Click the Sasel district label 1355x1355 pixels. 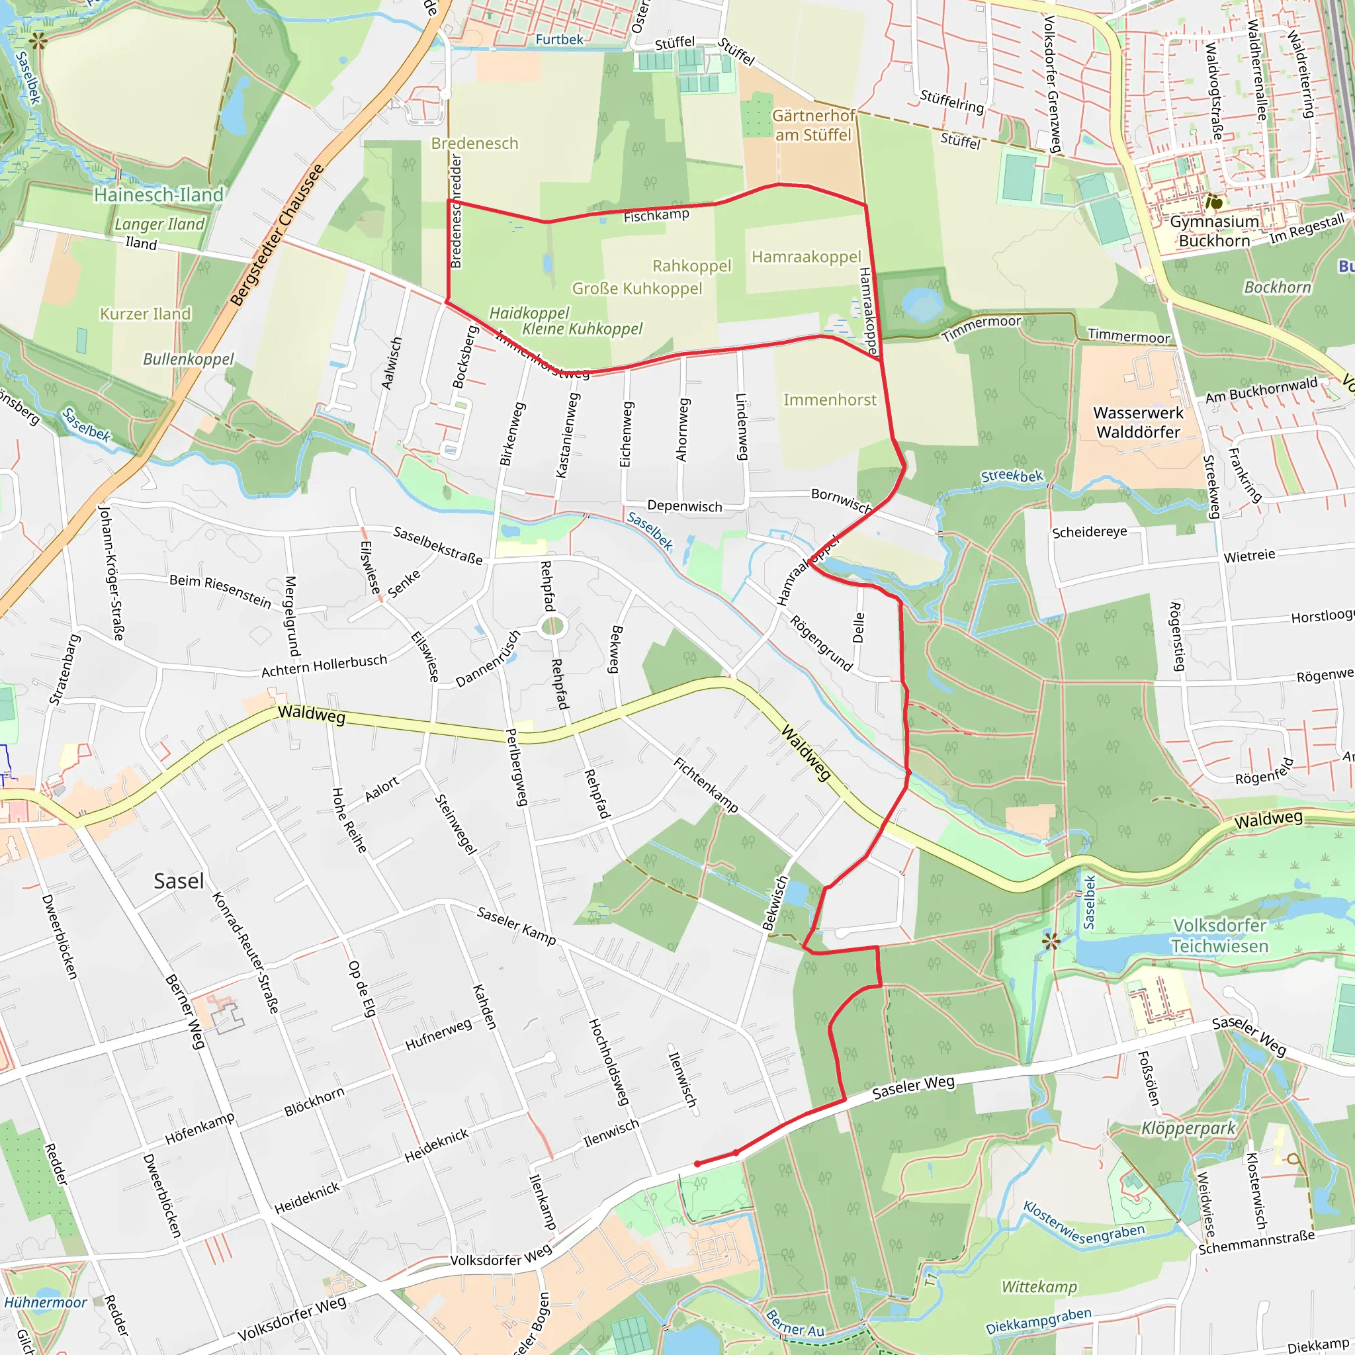click(x=179, y=881)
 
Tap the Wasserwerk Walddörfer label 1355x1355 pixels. click(x=1137, y=422)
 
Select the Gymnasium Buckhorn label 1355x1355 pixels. click(x=1214, y=232)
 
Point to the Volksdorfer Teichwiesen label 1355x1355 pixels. click(x=1219, y=936)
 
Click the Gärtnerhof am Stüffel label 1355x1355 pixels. click(x=813, y=125)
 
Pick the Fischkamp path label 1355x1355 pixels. click(x=656, y=215)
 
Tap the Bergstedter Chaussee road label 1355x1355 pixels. click(x=277, y=235)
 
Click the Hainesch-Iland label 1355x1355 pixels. click(x=159, y=195)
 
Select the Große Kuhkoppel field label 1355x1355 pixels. click(x=637, y=288)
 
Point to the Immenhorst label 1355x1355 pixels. click(x=830, y=400)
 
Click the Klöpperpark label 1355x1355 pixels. click(x=1188, y=1128)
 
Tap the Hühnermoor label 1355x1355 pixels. click(x=46, y=1302)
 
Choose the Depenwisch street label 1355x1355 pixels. click(x=684, y=505)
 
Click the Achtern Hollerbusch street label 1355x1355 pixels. click(x=324, y=665)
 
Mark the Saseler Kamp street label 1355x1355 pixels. click(x=516, y=925)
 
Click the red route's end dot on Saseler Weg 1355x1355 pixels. click(x=697, y=1164)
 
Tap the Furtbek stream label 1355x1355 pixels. click(x=559, y=39)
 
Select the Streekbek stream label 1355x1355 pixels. click(x=1012, y=476)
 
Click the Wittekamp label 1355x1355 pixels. click(x=1039, y=1286)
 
